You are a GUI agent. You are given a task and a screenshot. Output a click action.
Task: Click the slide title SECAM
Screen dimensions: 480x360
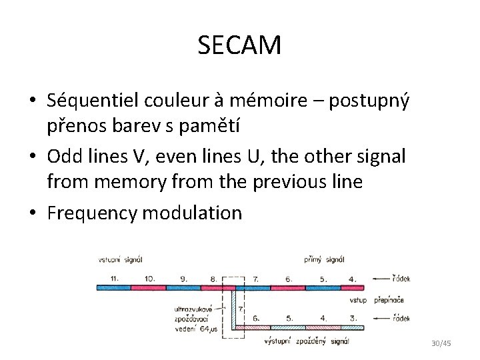click(239, 45)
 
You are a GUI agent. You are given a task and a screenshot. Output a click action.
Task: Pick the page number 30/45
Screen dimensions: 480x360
click(441, 343)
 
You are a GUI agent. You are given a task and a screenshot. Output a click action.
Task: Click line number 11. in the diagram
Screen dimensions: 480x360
click(114, 279)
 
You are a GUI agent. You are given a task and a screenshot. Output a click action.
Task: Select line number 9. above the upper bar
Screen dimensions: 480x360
click(183, 279)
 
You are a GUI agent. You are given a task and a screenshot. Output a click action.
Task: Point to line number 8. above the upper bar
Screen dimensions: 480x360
click(214, 279)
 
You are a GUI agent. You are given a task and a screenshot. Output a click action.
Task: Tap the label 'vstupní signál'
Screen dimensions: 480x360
click(121, 260)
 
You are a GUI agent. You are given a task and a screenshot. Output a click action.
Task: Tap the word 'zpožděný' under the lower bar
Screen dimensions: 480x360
click(312, 341)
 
